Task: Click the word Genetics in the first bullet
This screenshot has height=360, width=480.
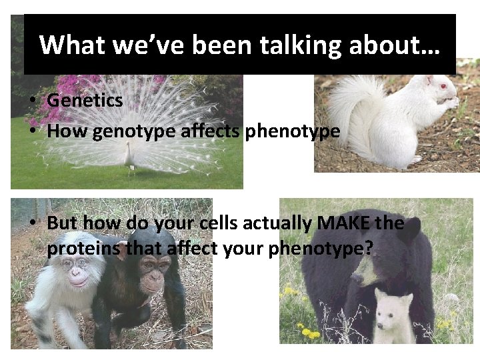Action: (x=85, y=101)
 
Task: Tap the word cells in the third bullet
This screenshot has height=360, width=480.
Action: (x=243, y=223)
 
